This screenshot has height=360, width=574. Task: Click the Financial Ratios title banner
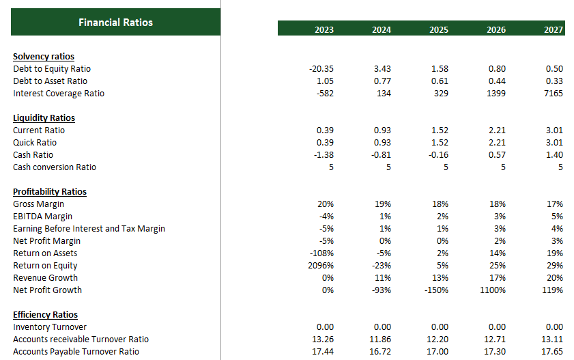pyautogui.click(x=115, y=23)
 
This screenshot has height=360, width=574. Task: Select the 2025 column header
pyautogui.click(x=439, y=29)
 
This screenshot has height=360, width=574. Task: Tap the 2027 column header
pyautogui.click(x=554, y=29)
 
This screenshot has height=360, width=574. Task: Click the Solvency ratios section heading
pyautogui.click(x=44, y=57)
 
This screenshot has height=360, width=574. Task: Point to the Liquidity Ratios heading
pyautogui.click(x=44, y=118)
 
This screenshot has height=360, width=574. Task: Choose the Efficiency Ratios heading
pyautogui.click(x=45, y=315)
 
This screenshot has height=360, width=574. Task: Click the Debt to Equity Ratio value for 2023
pyautogui.click(x=321, y=69)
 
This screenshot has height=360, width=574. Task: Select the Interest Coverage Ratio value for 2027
pyautogui.click(x=554, y=94)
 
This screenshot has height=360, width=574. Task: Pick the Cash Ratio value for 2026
pyautogui.click(x=497, y=155)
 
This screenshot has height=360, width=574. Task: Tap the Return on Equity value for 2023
pyautogui.click(x=321, y=266)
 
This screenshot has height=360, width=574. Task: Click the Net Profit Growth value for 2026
pyautogui.click(x=493, y=290)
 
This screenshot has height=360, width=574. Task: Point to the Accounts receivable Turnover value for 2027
pyautogui.click(x=553, y=340)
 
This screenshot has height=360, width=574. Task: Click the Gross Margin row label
pyautogui.click(x=38, y=204)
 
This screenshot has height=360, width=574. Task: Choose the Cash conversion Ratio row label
pyautogui.click(x=55, y=167)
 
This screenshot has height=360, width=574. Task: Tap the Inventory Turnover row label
pyautogui.click(x=50, y=327)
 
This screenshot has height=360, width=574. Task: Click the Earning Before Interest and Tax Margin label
pyautogui.click(x=89, y=229)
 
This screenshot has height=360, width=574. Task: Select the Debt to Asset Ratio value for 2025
pyautogui.click(x=440, y=81)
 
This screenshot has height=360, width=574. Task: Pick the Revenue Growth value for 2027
pyautogui.click(x=554, y=278)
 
